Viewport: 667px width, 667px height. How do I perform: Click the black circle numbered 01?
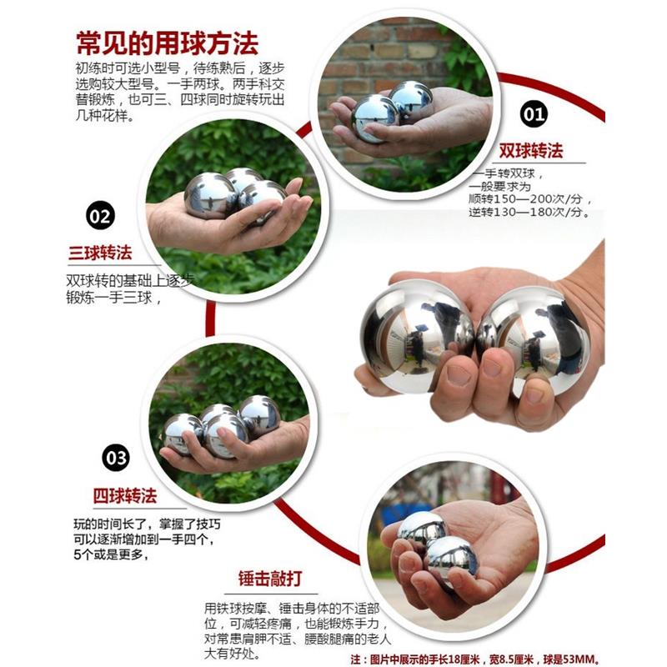tap(534, 113)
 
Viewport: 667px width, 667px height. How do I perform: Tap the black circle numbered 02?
tap(99, 217)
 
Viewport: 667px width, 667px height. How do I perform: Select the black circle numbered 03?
tap(115, 458)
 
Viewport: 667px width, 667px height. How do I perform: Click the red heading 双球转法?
tap(530, 151)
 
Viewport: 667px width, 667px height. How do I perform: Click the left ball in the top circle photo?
tap(374, 118)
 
